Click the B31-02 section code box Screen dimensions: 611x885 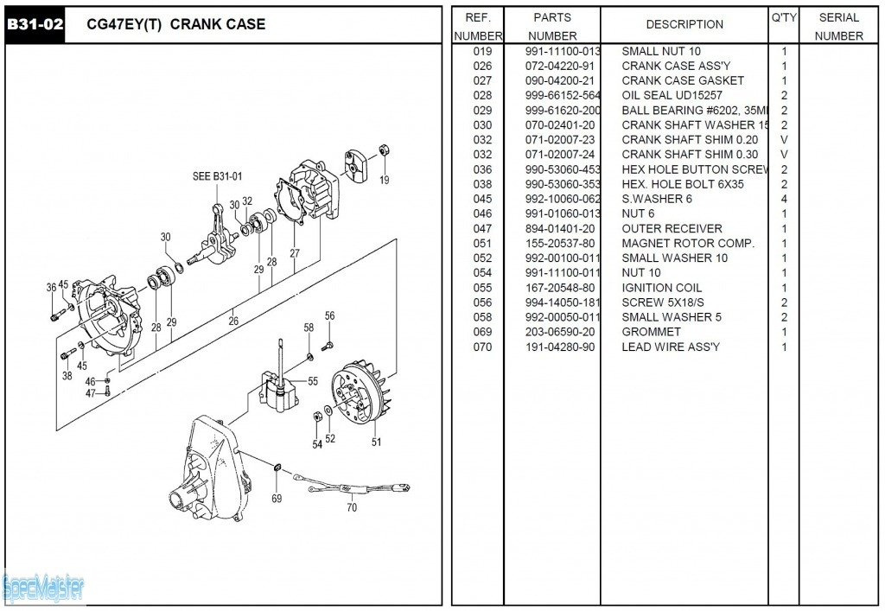coord(35,25)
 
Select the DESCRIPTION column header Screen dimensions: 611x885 coord(684,24)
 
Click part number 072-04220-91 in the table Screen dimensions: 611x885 coord(560,67)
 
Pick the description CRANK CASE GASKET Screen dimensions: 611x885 coord(683,81)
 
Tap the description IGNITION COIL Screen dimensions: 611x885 coord(662,288)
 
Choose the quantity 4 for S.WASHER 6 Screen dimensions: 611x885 coord(784,200)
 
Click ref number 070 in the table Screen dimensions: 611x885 coord(482,347)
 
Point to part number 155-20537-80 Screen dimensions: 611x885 coord(560,244)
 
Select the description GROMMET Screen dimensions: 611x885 coord(651,333)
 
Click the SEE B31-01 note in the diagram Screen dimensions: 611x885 coord(217,177)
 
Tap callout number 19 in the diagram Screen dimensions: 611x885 coord(384,181)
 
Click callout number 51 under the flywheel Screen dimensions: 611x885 coord(376,442)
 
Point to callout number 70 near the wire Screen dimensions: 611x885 coord(352,508)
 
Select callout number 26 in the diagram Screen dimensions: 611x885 coord(232,321)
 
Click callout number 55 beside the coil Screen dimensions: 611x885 coord(313,381)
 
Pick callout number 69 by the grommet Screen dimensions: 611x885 coord(277,499)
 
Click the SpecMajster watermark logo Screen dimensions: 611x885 coord(43,588)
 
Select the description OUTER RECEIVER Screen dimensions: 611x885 coord(672,229)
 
